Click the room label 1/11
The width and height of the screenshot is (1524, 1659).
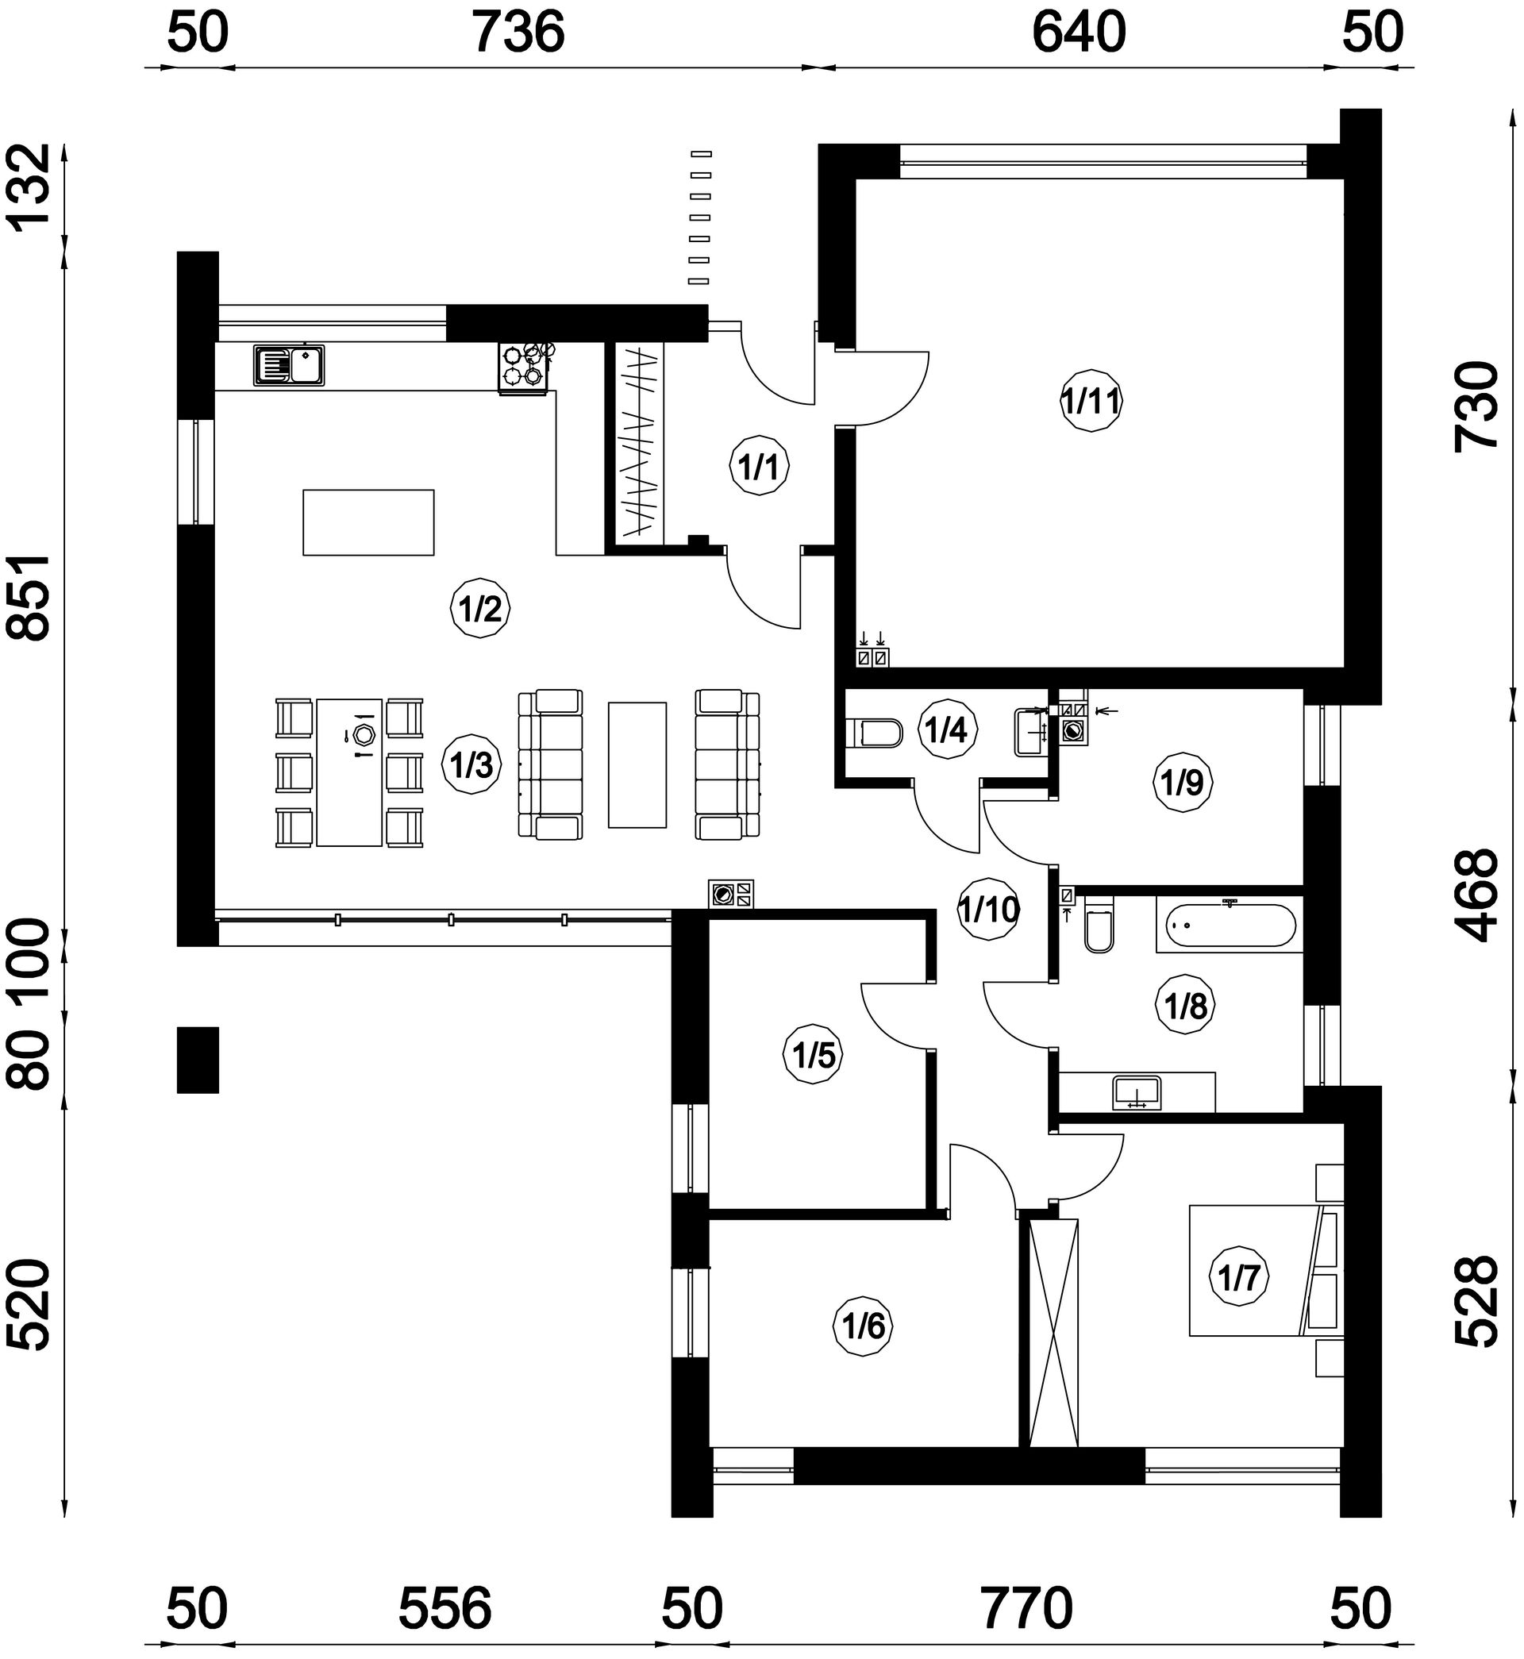1091,402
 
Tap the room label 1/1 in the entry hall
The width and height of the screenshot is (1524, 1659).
760,467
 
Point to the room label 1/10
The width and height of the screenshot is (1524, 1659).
989,910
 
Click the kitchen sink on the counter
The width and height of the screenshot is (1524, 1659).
289,365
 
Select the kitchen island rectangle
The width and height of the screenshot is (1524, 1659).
368,523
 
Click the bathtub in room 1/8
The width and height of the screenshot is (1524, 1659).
1229,927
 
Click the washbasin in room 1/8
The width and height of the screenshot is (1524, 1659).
1137,1092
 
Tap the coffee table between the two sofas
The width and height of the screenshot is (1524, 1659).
637,764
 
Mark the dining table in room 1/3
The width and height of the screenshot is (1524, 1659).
350,772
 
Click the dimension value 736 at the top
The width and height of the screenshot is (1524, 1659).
518,34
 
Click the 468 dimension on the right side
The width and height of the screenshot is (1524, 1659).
1476,895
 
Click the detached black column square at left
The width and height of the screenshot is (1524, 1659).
198,1060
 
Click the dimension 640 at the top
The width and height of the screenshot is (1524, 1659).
1079,34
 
